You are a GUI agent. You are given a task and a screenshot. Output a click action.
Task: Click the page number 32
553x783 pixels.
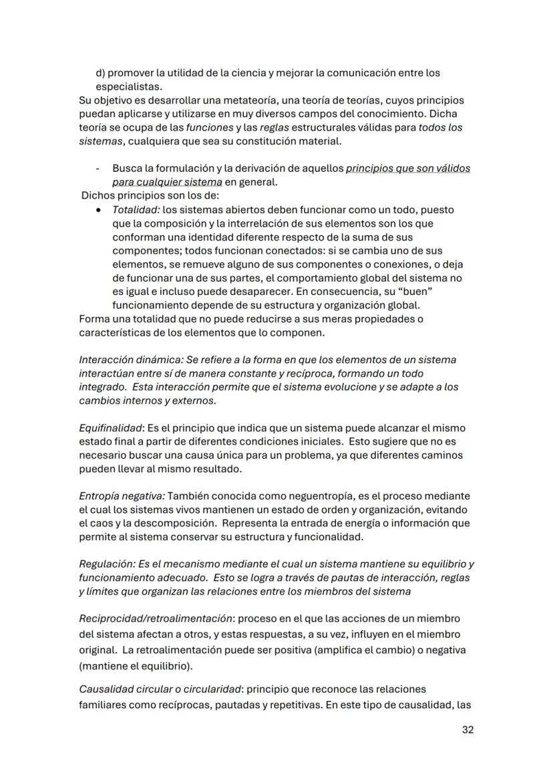[x=468, y=730]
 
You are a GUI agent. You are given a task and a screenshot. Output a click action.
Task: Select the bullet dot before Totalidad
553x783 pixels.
[x=99, y=209]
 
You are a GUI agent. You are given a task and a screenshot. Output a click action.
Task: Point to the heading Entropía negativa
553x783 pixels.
[x=122, y=496]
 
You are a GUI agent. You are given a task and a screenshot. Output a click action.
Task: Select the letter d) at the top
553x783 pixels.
[x=100, y=72]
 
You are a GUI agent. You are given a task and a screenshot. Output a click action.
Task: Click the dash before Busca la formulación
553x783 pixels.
[x=98, y=169]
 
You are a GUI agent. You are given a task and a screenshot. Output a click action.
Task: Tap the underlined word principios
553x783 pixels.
[x=370, y=169]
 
